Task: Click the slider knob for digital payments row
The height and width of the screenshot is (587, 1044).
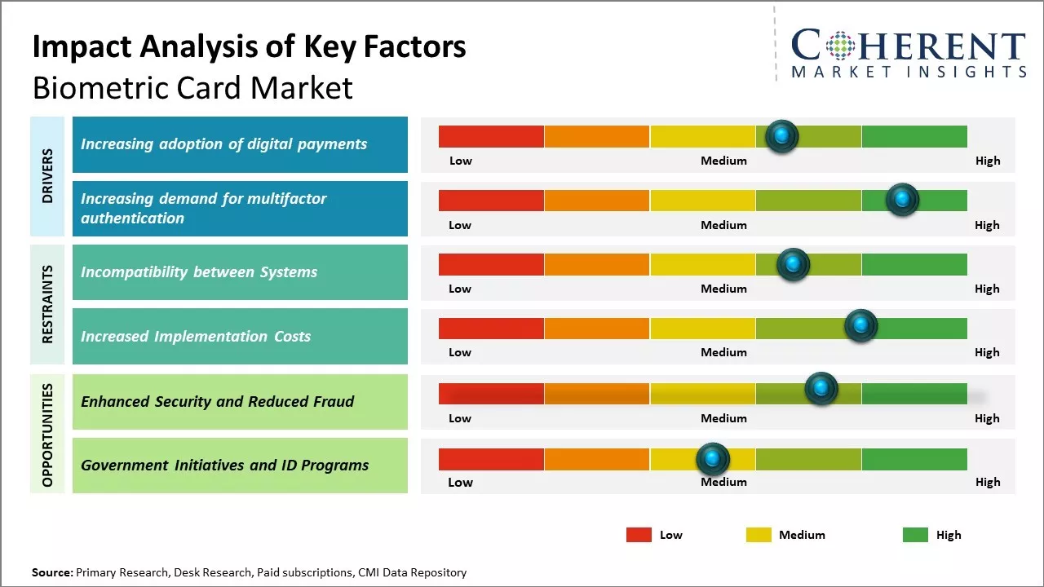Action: [x=781, y=136]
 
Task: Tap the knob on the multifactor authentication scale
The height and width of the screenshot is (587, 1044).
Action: [x=902, y=200]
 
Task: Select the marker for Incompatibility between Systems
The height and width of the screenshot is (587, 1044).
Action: [x=792, y=264]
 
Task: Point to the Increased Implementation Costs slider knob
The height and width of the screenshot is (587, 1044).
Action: [x=860, y=326]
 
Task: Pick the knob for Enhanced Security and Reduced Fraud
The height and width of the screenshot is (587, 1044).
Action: [x=821, y=389]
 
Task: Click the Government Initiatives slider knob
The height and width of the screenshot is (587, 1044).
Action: [x=713, y=460]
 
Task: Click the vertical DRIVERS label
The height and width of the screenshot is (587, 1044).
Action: [x=46, y=175]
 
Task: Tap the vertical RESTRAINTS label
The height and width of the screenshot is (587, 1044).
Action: [x=46, y=304]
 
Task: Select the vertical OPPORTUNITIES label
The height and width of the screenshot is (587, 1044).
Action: [x=46, y=435]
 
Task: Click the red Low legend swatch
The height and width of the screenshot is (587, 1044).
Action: [x=639, y=535]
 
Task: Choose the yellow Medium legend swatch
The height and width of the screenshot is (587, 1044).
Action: [x=759, y=535]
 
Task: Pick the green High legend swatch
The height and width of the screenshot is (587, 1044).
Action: [x=915, y=535]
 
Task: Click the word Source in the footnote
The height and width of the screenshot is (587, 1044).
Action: [x=51, y=572]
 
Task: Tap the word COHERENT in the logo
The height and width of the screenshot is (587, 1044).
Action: [x=908, y=47]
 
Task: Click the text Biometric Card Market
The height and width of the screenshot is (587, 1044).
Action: [x=192, y=87]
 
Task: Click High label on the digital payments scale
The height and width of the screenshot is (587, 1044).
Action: [x=988, y=161]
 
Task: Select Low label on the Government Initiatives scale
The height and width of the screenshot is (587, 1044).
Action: [x=460, y=482]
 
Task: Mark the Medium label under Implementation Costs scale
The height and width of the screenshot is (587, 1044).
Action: [x=723, y=352]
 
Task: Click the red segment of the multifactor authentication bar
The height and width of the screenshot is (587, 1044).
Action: [x=491, y=201]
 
